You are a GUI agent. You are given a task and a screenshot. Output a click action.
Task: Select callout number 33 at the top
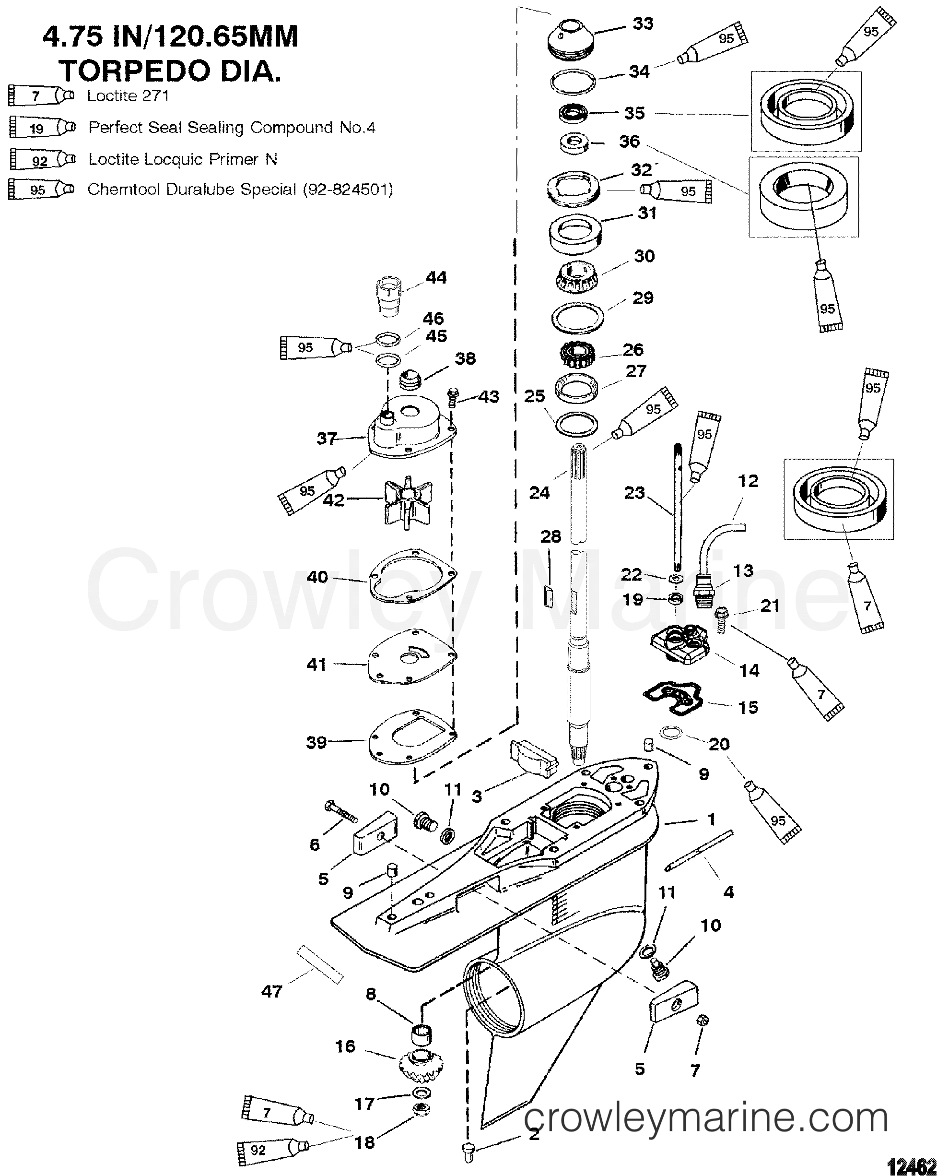coord(643,24)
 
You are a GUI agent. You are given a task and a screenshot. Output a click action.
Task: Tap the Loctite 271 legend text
coord(128,96)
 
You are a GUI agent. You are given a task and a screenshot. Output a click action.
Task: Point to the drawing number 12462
coord(912,1165)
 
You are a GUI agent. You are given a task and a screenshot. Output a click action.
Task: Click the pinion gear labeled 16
coord(421,1064)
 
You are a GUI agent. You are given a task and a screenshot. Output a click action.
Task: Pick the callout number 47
coord(271,991)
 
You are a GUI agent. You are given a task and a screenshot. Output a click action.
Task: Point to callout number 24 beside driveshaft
coord(539,493)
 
